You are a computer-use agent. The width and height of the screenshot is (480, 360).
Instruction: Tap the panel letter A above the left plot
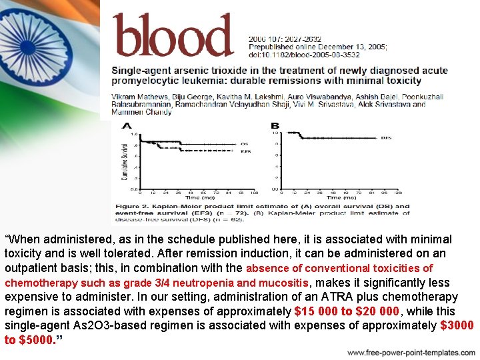(x=127, y=125)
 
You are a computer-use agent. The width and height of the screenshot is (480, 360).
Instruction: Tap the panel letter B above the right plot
(x=275, y=125)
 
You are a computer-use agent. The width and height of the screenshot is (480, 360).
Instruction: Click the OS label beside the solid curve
(x=245, y=143)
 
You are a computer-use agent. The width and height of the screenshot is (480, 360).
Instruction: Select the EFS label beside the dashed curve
(x=245, y=151)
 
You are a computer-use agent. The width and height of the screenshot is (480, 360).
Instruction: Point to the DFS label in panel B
(x=386, y=138)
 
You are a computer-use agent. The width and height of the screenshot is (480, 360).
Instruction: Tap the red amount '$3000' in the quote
(x=457, y=325)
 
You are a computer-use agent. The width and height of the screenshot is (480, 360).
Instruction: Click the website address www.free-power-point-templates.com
(x=411, y=352)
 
